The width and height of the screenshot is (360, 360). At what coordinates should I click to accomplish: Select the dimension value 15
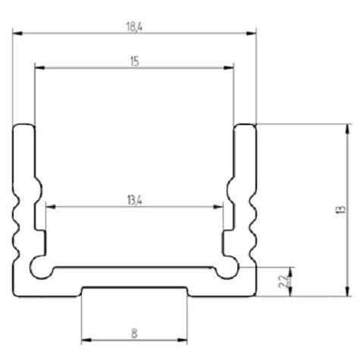(134, 61)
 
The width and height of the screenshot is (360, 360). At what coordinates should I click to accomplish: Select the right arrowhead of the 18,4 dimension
(253, 33)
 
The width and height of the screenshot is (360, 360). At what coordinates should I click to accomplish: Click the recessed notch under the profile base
(134, 290)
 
